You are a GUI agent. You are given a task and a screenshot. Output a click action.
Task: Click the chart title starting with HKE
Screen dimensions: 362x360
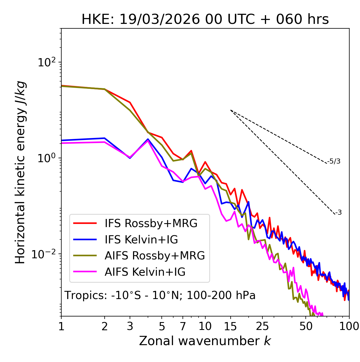click(x=205, y=20)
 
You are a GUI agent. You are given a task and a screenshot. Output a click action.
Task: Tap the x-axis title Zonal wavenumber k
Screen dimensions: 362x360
click(x=205, y=341)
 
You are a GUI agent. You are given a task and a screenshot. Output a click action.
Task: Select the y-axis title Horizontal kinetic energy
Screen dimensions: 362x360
click(x=20, y=172)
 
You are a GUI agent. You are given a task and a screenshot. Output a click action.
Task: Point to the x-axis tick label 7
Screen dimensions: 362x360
click(x=183, y=326)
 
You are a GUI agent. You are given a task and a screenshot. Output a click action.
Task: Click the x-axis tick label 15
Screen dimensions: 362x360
click(x=231, y=326)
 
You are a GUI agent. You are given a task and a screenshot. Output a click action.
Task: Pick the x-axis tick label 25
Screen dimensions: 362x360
click(x=262, y=326)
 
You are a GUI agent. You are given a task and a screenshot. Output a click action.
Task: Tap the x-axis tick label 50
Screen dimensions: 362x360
click(x=306, y=326)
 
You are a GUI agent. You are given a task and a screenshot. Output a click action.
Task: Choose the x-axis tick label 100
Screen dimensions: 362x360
click(x=349, y=326)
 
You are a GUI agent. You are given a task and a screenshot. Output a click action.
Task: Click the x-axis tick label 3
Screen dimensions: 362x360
click(x=130, y=326)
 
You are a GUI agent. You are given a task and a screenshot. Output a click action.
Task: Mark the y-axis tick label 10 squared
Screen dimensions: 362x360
click(x=46, y=62)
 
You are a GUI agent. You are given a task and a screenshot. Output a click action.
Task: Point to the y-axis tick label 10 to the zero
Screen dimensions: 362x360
click(x=46, y=158)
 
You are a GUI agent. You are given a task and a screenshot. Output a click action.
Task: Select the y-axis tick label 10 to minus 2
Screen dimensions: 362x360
click(x=45, y=254)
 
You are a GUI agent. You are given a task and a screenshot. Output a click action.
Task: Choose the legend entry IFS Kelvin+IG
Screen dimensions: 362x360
click(x=141, y=239)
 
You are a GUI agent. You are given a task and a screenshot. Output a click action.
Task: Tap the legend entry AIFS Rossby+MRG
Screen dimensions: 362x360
click(x=155, y=256)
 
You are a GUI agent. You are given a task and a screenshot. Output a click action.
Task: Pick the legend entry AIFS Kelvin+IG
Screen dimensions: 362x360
click(x=145, y=272)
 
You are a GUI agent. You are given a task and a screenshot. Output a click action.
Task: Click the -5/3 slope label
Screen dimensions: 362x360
click(x=334, y=161)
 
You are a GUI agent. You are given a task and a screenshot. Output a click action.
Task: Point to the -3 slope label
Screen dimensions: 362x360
click(x=338, y=213)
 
